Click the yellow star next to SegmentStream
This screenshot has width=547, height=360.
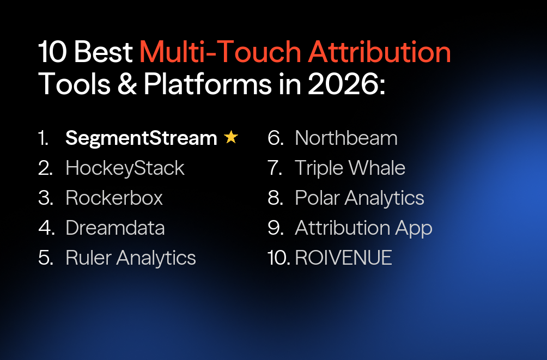[x=231, y=138]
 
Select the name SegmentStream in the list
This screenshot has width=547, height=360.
[x=141, y=138]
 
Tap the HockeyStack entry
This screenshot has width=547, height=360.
[x=125, y=168]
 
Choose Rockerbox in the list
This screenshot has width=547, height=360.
[x=114, y=198]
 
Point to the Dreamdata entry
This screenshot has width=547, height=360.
[x=115, y=228]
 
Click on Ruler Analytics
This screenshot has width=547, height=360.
[x=130, y=258]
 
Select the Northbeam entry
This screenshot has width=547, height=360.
[x=346, y=138]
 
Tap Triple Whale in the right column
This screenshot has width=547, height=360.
[x=350, y=168]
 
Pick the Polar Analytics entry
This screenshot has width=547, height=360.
[x=359, y=198]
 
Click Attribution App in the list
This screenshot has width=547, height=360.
[x=363, y=228]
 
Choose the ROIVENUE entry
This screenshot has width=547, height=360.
[x=343, y=258]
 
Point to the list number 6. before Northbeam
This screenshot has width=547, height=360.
[x=276, y=138]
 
